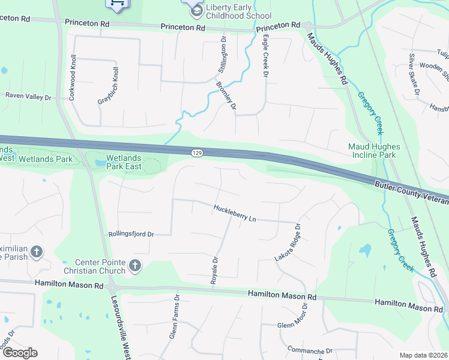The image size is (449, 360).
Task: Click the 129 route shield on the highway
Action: pyautogui.click(x=197, y=154)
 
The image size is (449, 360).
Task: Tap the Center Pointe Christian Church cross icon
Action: pyautogui.click(x=135, y=265)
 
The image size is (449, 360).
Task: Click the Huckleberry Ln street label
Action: pyautogui.click(x=235, y=214)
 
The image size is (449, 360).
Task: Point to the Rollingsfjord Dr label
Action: pyautogui.click(x=131, y=234)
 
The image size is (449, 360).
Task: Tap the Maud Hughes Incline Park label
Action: pyautogui.click(x=380, y=151)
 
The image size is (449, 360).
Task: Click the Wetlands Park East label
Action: pyautogui.click(x=124, y=162)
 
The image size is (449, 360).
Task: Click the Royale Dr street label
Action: pyautogui.click(x=214, y=268)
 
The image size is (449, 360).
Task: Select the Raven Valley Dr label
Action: pyautogui.click(x=29, y=96)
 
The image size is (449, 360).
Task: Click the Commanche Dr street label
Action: pyautogui.click(x=310, y=350)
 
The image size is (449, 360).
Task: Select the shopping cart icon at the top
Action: pyautogui.click(x=117, y=4)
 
